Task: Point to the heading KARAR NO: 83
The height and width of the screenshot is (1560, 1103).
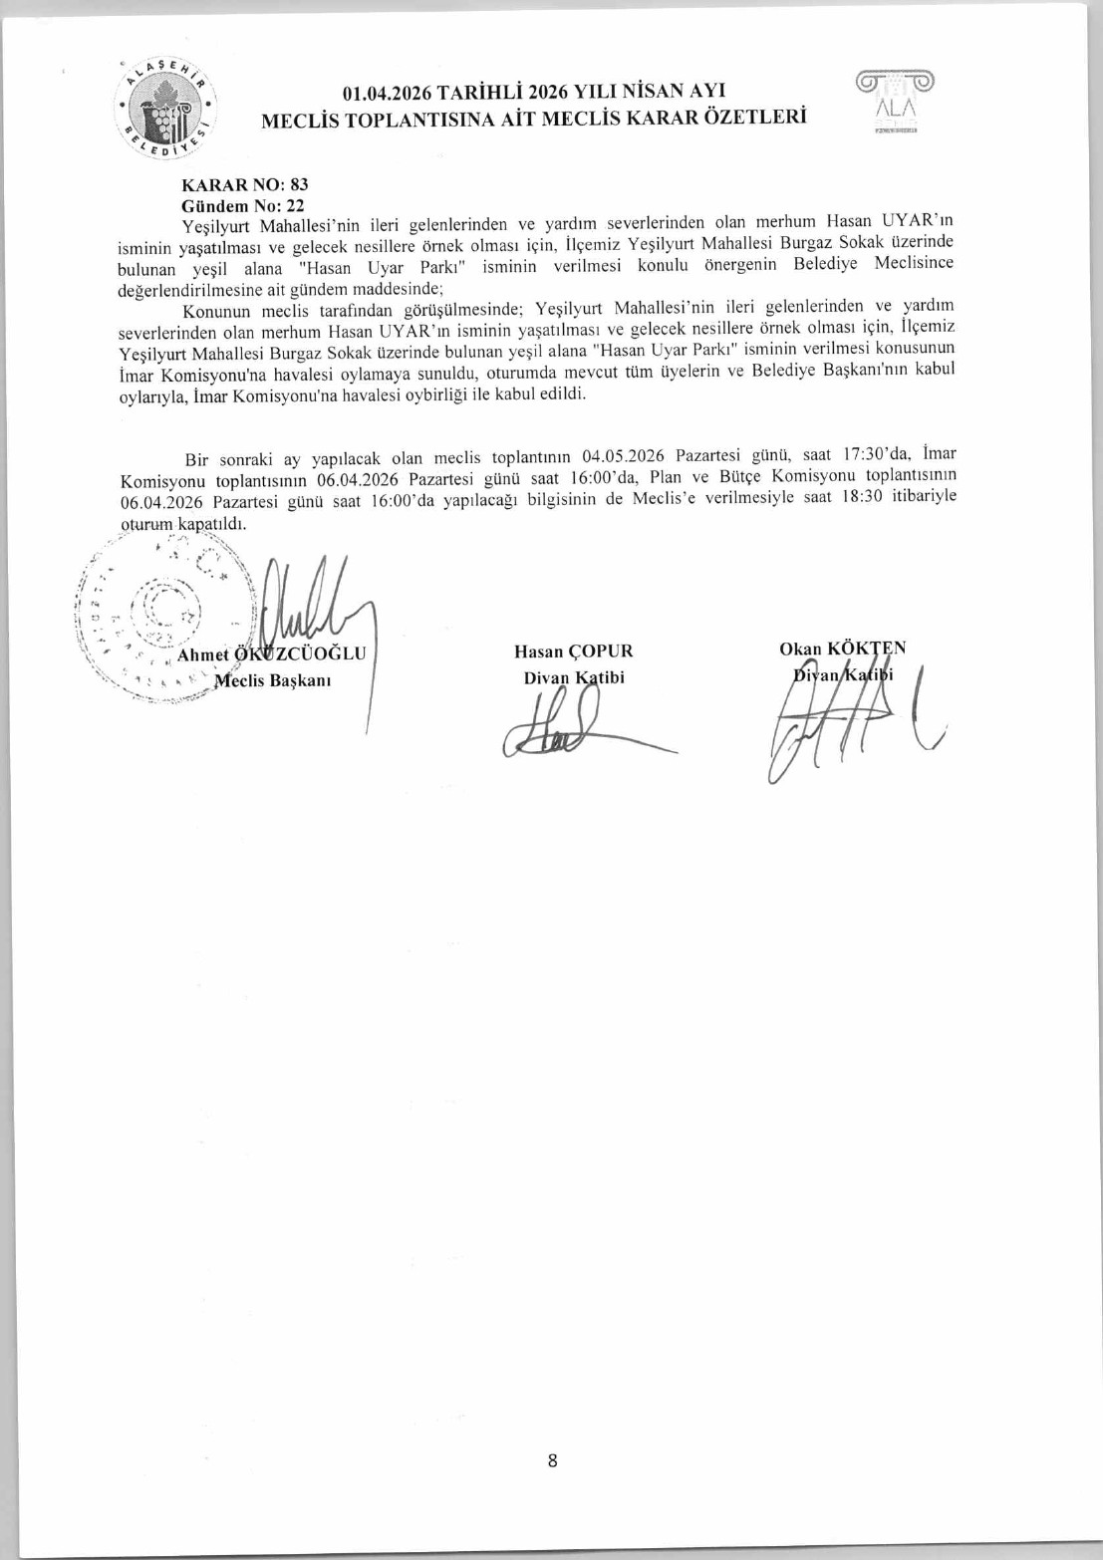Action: (245, 185)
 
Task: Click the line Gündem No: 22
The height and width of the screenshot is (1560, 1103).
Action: (242, 206)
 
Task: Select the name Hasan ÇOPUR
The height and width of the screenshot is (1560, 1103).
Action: (573, 651)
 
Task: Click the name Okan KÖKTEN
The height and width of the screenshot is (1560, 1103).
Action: (842, 649)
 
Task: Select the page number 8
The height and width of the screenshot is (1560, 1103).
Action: (552, 1461)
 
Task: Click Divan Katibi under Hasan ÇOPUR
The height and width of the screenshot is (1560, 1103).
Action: (574, 677)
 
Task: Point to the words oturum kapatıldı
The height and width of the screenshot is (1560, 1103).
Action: (182, 523)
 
